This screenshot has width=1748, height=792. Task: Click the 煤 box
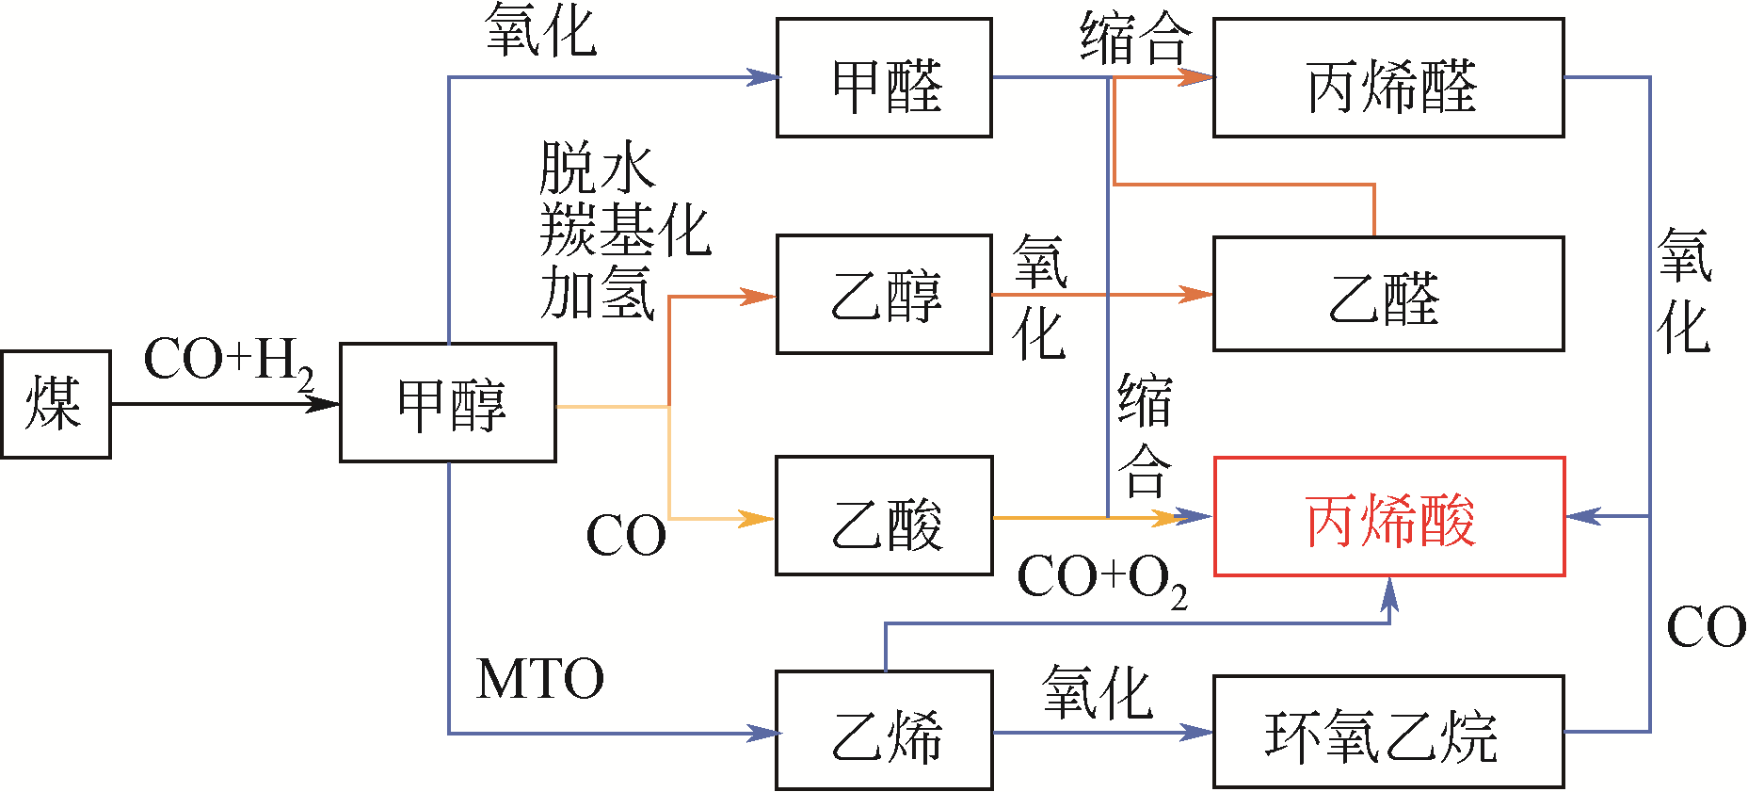coord(56,404)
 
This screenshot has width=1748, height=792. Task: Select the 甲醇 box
coord(448,403)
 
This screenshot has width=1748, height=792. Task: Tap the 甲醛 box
coord(884,78)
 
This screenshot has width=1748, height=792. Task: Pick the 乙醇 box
coord(884,295)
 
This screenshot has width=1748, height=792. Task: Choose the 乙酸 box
coord(884,516)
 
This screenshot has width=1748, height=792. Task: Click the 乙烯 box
coord(884,731)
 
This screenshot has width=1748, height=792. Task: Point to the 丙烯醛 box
coord(1388,78)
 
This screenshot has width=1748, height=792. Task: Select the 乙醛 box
coord(1388,295)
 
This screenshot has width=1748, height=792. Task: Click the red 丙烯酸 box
coord(1388,516)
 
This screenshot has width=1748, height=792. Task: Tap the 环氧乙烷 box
coord(1388,732)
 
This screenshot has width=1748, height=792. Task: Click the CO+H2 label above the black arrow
coord(229,362)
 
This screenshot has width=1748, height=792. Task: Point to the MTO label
coord(539,679)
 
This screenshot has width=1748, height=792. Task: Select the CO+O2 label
coord(1101,578)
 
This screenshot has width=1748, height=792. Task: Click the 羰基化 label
coord(625,231)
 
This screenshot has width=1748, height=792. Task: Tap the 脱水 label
coord(597,168)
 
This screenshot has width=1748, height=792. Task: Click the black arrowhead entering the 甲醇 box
coord(324,404)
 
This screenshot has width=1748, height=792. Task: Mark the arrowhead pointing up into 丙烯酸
coord(1389,591)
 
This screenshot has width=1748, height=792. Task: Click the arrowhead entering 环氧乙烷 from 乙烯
coord(1197,732)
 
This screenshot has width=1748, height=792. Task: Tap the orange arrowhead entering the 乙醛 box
coord(1197,295)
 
